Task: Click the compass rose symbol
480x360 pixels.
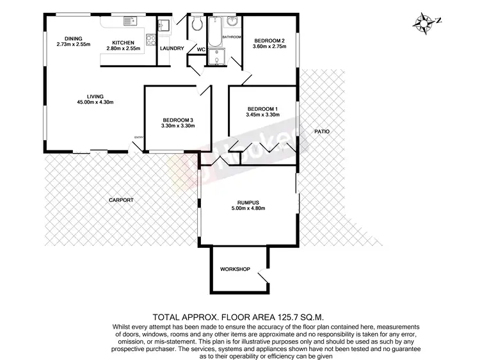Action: [x=423, y=22]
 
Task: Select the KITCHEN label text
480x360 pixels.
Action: [x=123, y=43]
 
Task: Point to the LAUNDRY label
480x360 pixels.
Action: [x=172, y=49]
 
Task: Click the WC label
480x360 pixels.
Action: [x=200, y=49]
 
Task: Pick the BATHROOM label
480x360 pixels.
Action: [x=232, y=37]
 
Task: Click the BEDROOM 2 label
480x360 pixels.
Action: [x=268, y=41]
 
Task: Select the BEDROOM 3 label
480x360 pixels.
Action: [x=179, y=120]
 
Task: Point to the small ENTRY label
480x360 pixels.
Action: [x=139, y=136]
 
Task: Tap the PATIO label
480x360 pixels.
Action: [x=322, y=131]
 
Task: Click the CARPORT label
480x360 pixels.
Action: [x=121, y=200]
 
